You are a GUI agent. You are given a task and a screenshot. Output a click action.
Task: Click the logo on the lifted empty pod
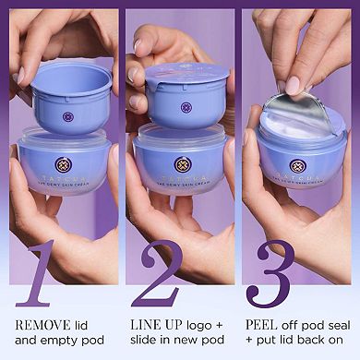[x=67, y=118]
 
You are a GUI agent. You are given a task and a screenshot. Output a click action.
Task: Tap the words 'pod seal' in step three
[x=318, y=326]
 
